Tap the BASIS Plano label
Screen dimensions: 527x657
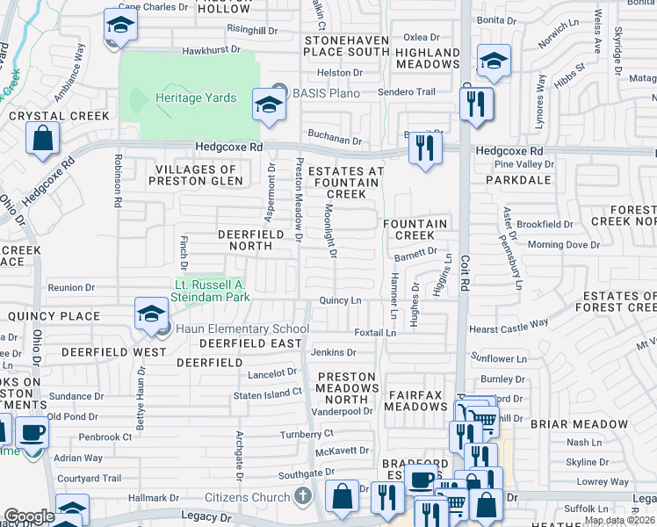point(324,90)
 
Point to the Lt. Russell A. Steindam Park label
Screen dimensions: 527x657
point(213,291)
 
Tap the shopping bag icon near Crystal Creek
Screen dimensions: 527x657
point(42,138)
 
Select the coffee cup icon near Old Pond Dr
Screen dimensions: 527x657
point(33,432)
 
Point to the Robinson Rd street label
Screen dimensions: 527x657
point(117,181)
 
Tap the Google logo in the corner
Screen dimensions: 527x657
point(29,516)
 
